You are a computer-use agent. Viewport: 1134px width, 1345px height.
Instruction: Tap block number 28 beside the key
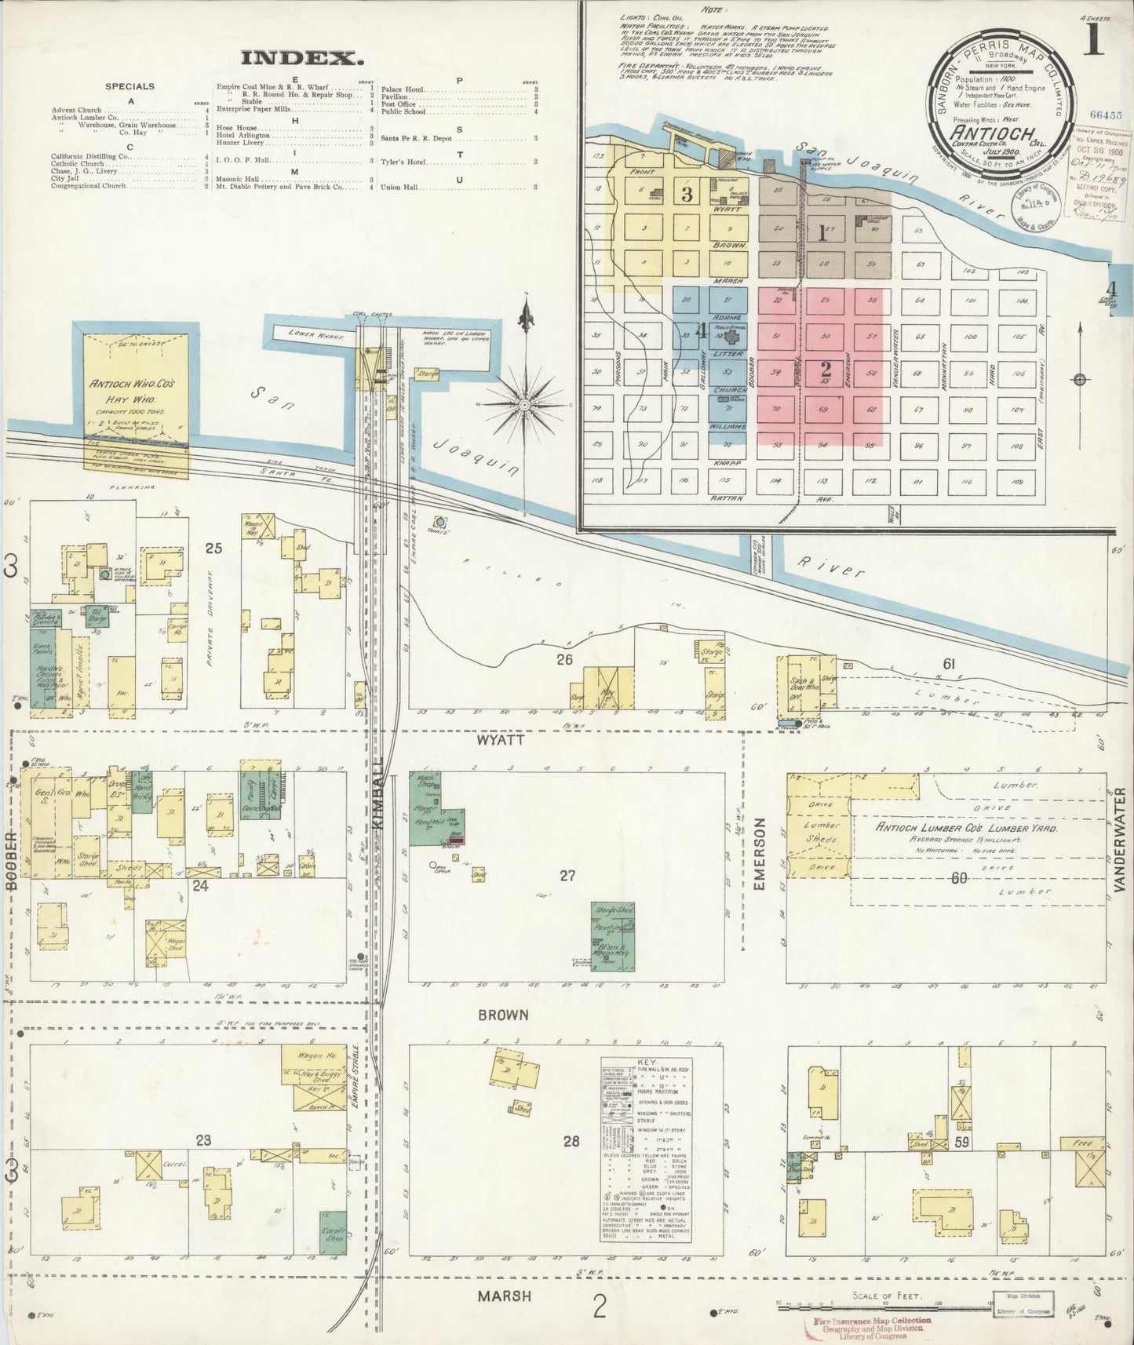tap(571, 1140)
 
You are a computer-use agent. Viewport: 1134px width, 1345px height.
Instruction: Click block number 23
tap(203, 1140)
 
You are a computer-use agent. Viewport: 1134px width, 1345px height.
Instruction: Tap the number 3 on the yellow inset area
tap(687, 195)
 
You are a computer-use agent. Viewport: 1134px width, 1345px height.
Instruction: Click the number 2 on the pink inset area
tap(825, 369)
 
